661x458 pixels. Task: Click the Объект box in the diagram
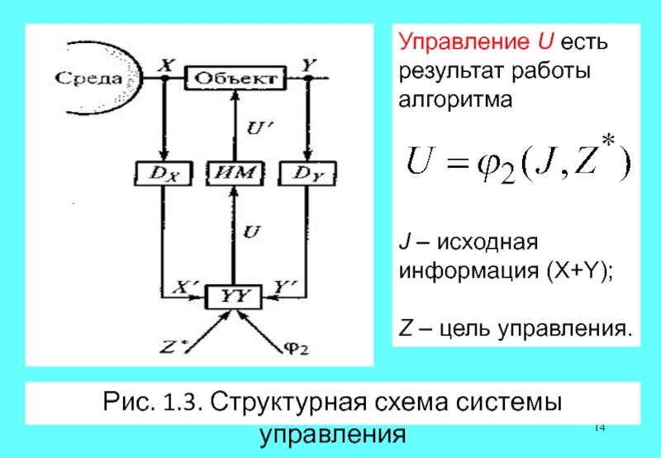[x=235, y=79]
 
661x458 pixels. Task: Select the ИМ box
[x=235, y=174]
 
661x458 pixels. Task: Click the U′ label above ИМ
[x=259, y=128]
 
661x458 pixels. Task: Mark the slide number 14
[x=600, y=427]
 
